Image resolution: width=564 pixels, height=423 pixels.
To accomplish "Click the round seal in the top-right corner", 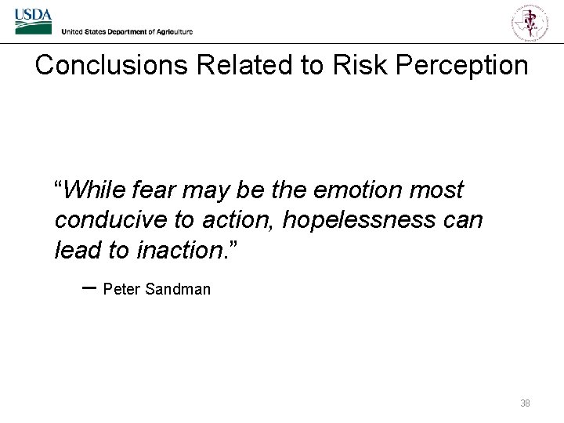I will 530,21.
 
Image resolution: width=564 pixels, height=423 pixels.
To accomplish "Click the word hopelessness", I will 360,220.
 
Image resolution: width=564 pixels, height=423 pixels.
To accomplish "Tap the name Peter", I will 121,289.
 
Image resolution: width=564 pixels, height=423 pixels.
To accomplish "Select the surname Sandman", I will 178,289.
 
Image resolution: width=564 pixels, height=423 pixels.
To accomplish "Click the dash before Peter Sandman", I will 89,287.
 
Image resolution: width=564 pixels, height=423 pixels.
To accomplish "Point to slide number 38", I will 525,403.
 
